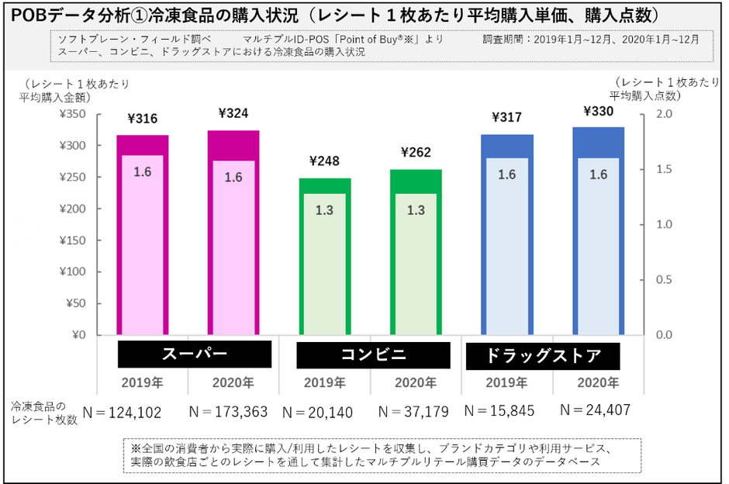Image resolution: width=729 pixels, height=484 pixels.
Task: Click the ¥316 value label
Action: coord(142,119)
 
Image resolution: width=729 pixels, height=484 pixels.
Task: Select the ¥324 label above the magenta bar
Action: coord(233,113)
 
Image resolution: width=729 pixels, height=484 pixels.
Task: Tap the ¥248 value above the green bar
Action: coord(324,161)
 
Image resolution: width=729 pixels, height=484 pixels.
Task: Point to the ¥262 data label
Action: coord(416,152)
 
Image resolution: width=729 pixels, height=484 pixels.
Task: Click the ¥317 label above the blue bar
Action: coord(506,118)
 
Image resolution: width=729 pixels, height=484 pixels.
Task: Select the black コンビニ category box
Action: coord(374,354)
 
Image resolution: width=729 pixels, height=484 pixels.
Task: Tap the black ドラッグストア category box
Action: coord(543,356)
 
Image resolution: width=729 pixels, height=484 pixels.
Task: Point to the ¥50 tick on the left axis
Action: coord(75,303)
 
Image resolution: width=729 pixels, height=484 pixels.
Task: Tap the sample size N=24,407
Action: coord(595,409)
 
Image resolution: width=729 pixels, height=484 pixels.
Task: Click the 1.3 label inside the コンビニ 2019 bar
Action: coord(324,209)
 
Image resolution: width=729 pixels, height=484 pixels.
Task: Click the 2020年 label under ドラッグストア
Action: coord(598,382)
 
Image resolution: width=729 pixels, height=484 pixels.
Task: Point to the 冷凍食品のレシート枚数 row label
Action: coord(44,413)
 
